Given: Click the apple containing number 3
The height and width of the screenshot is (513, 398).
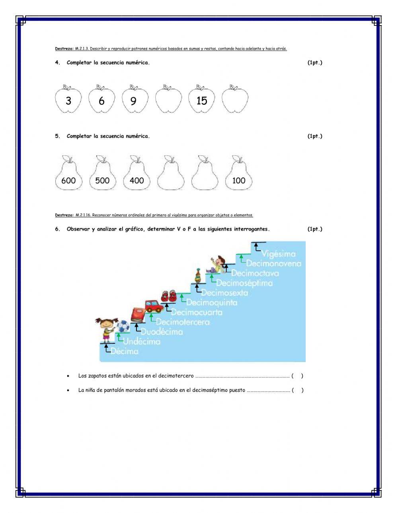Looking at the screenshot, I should tap(68, 100).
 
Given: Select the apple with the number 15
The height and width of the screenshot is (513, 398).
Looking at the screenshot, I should tap(201, 100).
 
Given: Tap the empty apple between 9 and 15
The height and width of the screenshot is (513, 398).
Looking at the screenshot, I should tap(168, 100).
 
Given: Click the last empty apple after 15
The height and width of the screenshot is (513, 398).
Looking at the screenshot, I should tap(235, 100).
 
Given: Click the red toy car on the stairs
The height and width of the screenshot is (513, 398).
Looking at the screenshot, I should tap(153, 306).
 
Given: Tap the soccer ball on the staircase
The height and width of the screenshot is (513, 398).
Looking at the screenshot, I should tap(123, 327).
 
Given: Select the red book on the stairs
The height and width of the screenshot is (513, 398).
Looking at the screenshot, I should tap(138, 315).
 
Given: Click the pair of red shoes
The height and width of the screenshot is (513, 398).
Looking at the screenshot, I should tap(168, 296).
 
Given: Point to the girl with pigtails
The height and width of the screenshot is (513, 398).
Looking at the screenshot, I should tap(106, 330).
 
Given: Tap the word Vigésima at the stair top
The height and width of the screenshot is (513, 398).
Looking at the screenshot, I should tap(279, 254).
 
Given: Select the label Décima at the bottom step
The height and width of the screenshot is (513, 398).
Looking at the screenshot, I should tap(125, 351).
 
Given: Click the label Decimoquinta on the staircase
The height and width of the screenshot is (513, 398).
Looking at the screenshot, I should tap(212, 302).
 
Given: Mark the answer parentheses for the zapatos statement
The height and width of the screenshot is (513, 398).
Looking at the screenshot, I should tap(297, 376).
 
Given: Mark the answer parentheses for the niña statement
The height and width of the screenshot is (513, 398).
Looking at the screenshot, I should tap(297, 390).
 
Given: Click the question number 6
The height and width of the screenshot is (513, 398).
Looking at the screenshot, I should tap(57, 229).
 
